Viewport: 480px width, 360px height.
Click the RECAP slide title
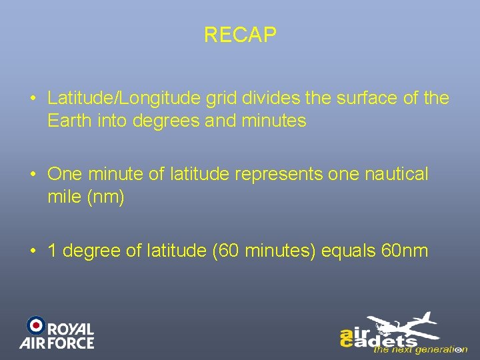point(240,35)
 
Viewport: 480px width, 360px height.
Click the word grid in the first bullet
point(220,99)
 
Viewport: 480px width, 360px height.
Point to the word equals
point(349,251)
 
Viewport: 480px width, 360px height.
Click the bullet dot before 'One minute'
point(33,175)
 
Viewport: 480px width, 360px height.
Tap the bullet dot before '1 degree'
point(33,251)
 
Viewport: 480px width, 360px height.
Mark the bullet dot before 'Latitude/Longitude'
point(33,99)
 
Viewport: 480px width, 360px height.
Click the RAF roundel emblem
point(35,325)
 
